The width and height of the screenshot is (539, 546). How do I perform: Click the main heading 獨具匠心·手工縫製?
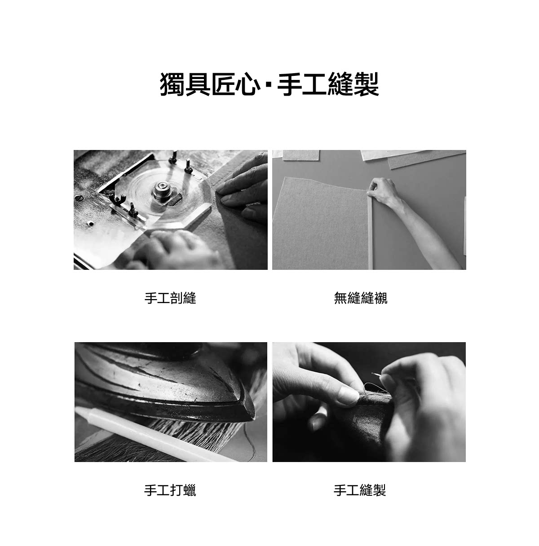pos(269,84)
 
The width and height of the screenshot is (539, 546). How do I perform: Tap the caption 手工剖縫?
pos(170,298)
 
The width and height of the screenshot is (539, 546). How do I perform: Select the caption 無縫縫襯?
pos(361,298)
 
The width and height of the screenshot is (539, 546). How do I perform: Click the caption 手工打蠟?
pos(170,490)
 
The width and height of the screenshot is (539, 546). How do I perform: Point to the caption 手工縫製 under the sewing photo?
pos(360,490)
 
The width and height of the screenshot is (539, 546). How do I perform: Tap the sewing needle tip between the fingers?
pos(373,374)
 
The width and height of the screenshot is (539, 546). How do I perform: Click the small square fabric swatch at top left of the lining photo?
pos(301,155)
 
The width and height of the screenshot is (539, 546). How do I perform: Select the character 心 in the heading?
pos(249,84)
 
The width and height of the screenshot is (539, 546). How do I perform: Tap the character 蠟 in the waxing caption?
pos(190,490)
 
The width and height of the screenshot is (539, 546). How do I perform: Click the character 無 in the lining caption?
pos(340,298)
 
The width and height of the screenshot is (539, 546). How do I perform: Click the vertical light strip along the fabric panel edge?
pos(370,232)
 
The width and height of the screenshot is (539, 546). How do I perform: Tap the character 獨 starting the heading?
pos(172,84)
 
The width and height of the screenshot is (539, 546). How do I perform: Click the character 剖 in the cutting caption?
pos(177,298)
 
